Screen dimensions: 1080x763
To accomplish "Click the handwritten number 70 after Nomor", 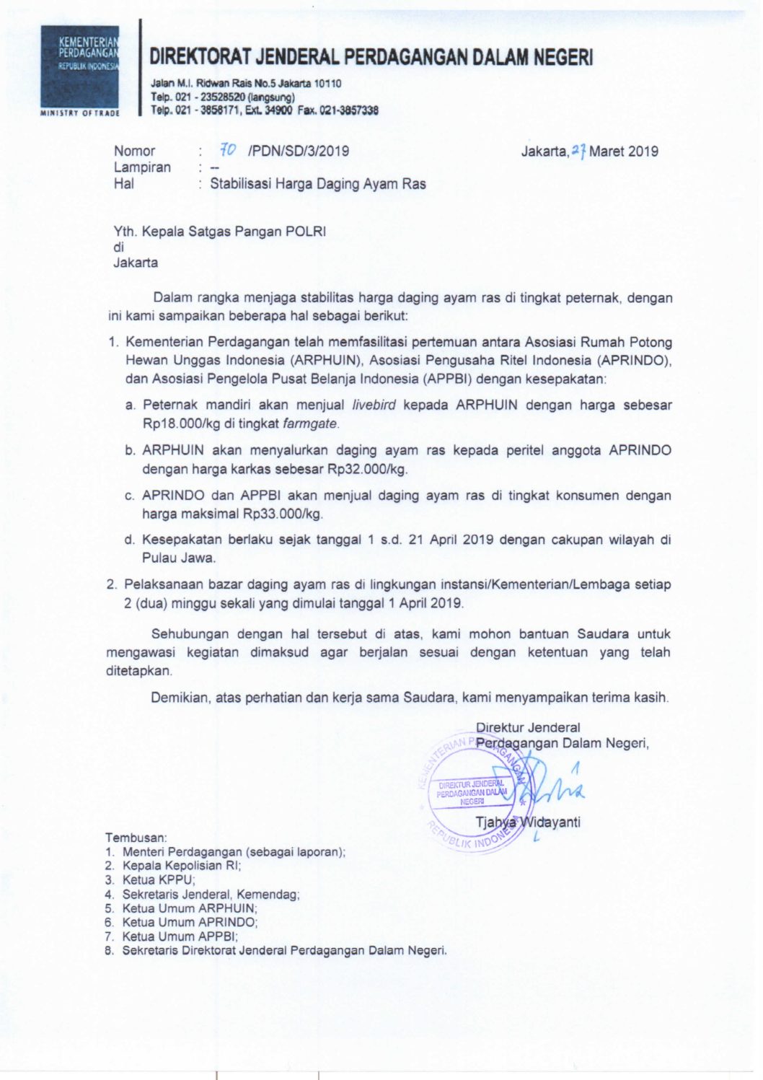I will tap(228, 150).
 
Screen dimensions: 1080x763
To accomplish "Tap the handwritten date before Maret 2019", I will tap(578, 151).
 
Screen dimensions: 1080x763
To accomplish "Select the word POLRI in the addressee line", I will tap(306, 232).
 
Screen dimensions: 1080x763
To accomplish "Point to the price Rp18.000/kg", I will tap(187, 423).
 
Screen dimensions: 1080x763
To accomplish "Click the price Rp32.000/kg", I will tap(367, 469).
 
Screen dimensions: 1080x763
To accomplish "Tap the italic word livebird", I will tap(374, 405).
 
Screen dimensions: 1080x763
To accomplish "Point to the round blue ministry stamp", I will tap(475, 792).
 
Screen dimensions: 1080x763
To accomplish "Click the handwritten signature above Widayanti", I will tap(555, 788).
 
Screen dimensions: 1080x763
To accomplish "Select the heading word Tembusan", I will tap(136, 838).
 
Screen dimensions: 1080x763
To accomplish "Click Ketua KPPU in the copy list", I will tap(159, 880).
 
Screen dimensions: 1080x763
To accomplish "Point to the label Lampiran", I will tap(142, 167).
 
